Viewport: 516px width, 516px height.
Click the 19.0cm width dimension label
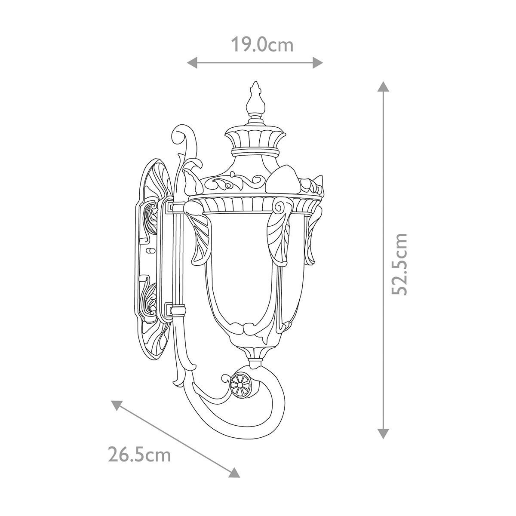click(262, 44)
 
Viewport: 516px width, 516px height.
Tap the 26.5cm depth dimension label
click(139, 455)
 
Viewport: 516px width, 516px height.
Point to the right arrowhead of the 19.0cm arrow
click(318, 63)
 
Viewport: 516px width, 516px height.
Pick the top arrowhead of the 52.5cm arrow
click(383, 86)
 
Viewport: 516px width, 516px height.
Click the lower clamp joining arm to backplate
click(176, 310)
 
